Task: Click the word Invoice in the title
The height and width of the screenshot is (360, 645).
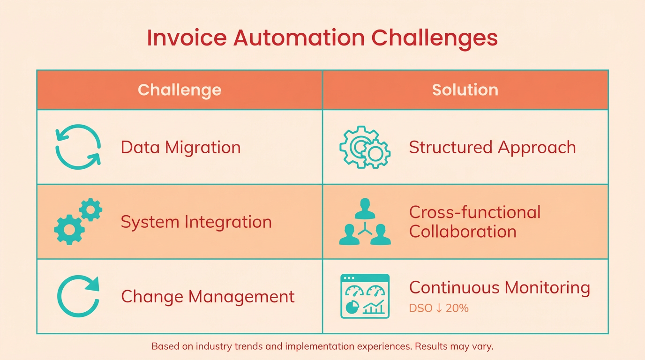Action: [x=187, y=37]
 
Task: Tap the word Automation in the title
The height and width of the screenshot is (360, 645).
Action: [x=299, y=37]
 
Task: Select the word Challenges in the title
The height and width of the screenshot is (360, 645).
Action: [x=435, y=40]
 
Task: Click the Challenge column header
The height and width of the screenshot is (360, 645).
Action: [x=180, y=90]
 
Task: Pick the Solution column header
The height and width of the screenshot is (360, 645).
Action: [x=465, y=90]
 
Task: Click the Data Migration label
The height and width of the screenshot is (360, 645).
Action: [x=180, y=148]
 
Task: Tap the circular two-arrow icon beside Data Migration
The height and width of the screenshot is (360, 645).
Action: [x=78, y=147]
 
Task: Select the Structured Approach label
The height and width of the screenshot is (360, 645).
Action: [x=492, y=148]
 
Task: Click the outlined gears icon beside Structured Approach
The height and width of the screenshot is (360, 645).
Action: [x=365, y=147]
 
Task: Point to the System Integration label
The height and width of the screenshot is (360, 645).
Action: [x=196, y=222]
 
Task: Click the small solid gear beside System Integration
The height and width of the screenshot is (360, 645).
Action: [x=91, y=210]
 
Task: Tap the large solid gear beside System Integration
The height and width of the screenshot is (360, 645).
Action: [x=69, y=230]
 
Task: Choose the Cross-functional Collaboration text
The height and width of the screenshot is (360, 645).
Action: [x=474, y=222]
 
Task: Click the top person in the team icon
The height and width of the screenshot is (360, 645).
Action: [x=365, y=209]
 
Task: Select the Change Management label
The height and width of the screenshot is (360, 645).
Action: [x=208, y=297]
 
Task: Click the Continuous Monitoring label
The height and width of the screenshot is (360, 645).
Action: [x=500, y=288]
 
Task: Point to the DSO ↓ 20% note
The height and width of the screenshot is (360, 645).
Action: [x=439, y=308]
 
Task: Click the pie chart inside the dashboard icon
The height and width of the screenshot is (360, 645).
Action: [x=352, y=307]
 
